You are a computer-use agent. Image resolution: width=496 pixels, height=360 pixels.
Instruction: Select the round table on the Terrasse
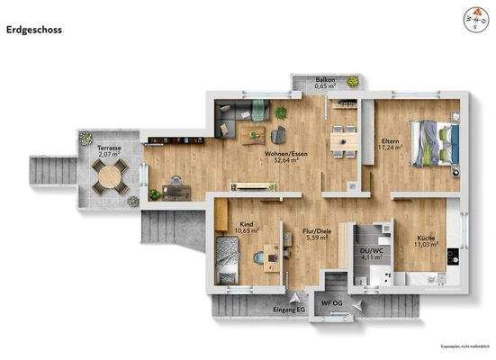click(x=109, y=176)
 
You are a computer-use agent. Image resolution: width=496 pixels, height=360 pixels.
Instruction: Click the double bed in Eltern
click(x=435, y=142)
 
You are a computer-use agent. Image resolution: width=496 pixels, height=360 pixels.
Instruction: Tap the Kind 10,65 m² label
click(x=246, y=229)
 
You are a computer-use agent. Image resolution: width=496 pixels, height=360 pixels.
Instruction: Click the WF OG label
click(x=332, y=303)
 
